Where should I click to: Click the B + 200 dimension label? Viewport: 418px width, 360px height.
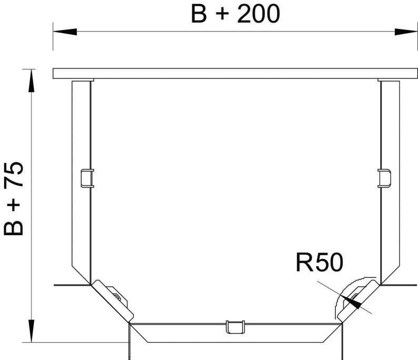[x=235, y=14]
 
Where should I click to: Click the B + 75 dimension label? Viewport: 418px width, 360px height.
[x=14, y=199]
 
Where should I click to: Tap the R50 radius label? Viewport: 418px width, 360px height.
[x=320, y=263]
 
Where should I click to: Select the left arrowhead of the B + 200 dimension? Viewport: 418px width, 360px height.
[x=65, y=32]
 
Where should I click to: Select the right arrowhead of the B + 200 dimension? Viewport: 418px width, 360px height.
[x=406, y=32]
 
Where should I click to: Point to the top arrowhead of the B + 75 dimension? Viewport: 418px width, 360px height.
[x=32, y=81]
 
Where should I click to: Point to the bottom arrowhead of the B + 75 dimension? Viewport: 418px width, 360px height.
[x=32, y=331]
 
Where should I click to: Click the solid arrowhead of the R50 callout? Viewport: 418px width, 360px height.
[x=352, y=302]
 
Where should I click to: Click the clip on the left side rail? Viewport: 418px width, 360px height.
[x=87, y=178]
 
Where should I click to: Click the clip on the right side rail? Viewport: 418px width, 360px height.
[x=384, y=178]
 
